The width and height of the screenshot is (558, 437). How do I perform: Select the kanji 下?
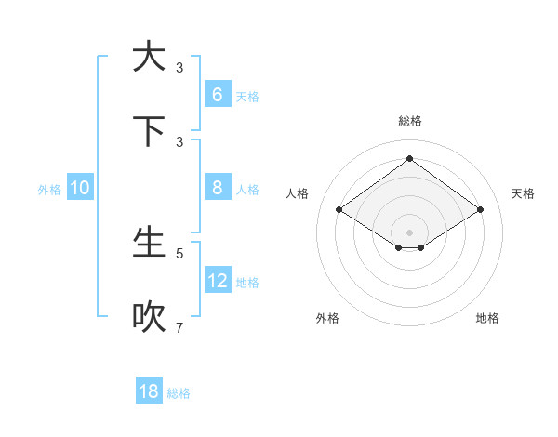point(149,131)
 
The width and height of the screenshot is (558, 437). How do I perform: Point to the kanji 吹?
point(149,317)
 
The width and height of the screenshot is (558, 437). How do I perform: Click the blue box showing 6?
point(217,94)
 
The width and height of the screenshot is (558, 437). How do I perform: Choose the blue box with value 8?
point(217,187)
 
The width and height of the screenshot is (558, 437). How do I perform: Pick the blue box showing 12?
point(217,280)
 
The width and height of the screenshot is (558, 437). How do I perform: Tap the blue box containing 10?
point(79,188)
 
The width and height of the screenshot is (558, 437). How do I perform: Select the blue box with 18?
point(149,391)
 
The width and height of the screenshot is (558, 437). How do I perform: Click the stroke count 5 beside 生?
point(179,253)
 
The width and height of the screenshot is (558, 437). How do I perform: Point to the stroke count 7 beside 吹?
point(179,327)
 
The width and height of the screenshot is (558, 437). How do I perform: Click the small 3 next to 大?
point(179,67)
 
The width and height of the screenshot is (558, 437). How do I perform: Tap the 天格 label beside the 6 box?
point(247,96)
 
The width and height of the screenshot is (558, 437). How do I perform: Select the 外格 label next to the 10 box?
point(49,190)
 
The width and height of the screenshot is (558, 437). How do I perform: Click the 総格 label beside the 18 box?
point(179,393)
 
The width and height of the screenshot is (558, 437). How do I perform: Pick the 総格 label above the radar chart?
point(409,121)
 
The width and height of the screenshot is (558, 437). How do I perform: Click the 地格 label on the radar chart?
point(487,318)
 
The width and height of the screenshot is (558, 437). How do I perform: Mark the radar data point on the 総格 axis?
point(409,158)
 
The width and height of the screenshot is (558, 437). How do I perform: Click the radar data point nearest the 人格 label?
point(339,210)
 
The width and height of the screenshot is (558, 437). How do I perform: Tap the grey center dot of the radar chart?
point(409,232)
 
